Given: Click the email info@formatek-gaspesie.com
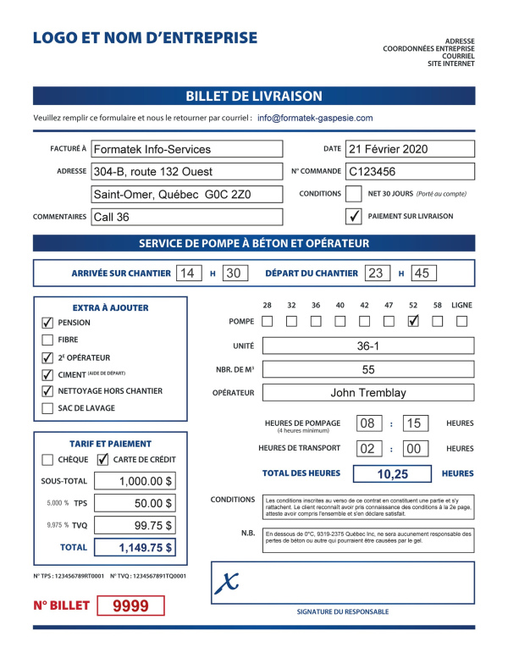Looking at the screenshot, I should (x=315, y=119).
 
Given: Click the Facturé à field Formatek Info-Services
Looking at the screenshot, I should (x=186, y=149).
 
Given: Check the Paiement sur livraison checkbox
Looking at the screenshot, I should (x=354, y=216).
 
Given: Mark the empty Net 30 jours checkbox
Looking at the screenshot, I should (x=354, y=194).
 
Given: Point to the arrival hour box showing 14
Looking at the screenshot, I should (x=188, y=273).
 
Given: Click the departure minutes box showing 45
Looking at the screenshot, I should (x=423, y=273).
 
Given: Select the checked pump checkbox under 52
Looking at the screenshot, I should (x=413, y=321).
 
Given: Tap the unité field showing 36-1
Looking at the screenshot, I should (x=368, y=346).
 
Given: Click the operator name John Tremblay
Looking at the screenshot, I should (x=368, y=392).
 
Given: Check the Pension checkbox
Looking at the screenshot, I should (x=47, y=323).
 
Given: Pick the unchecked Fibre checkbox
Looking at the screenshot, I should (x=47, y=340).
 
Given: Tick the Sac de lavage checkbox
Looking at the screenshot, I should (x=47, y=408).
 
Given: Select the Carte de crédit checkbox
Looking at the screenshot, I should (x=102, y=460).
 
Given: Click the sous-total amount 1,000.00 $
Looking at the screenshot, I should (x=135, y=481).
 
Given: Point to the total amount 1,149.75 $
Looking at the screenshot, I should (x=135, y=548).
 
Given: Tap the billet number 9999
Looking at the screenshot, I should (x=130, y=605).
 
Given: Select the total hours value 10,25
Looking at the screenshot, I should (x=392, y=474).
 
